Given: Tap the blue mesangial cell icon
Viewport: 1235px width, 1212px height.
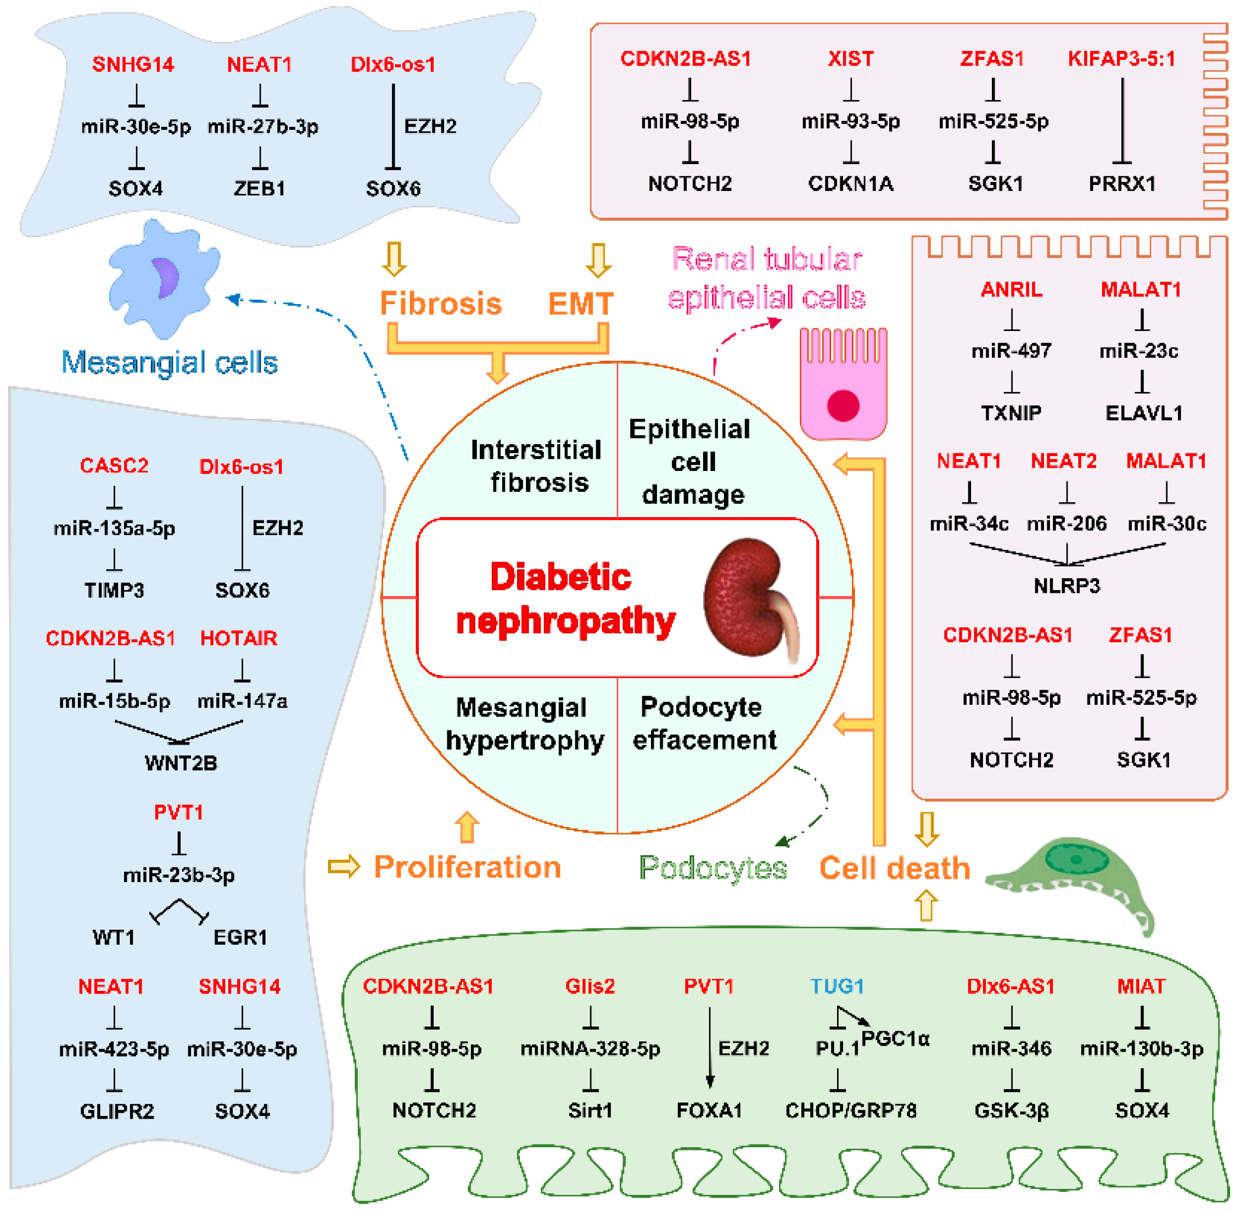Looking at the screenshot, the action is pyautogui.click(x=164, y=278).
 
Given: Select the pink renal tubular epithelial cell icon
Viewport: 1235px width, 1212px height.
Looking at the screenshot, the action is pyautogui.click(x=843, y=384).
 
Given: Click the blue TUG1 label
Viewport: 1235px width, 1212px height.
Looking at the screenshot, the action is pyautogui.click(x=837, y=986).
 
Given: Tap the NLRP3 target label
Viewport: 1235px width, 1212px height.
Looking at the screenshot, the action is pyautogui.click(x=1066, y=586).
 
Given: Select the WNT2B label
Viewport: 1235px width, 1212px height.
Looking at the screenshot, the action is pyautogui.click(x=181, y=762).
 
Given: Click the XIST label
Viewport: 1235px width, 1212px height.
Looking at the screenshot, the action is pyautogui.click(x=850, y=59).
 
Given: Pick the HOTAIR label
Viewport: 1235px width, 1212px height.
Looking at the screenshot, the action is pyautogui.click(x=239, y=638).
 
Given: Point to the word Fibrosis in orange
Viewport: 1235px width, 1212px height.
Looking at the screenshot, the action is pyautogui.click(x=441, y=303).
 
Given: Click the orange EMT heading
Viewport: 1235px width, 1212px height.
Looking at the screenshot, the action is pyautogui.click(x=581, y=303).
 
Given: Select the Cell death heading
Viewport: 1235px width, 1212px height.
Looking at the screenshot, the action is pyautogui.click(x=895, y=868).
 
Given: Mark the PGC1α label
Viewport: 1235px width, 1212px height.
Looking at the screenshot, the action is pyautogui.click(x=895, y=1039).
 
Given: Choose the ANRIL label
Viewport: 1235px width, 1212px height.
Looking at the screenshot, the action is pyautogui.click(x=1011, y=290).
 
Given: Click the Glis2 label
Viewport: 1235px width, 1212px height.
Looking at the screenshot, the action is pyautogui.click(x=590, y=986).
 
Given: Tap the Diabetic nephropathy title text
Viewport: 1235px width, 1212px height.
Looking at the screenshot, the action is pyautogui.click(x=565, y=598).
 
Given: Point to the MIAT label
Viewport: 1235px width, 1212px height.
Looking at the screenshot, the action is pyautogui.click(x=1141, y=986).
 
